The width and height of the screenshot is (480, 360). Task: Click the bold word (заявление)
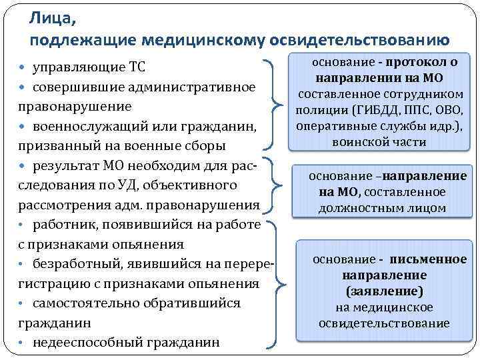[x=384, y=291]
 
